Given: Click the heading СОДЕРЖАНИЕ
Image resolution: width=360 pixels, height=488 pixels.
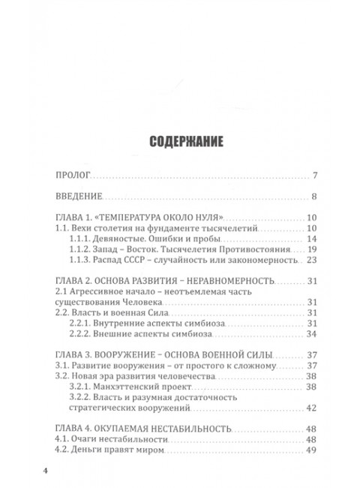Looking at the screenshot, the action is point(179,140).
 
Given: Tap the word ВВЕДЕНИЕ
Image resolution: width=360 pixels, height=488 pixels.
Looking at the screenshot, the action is point(79,198).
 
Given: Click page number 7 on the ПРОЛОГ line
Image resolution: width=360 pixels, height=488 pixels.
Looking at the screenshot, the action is point(316,176).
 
